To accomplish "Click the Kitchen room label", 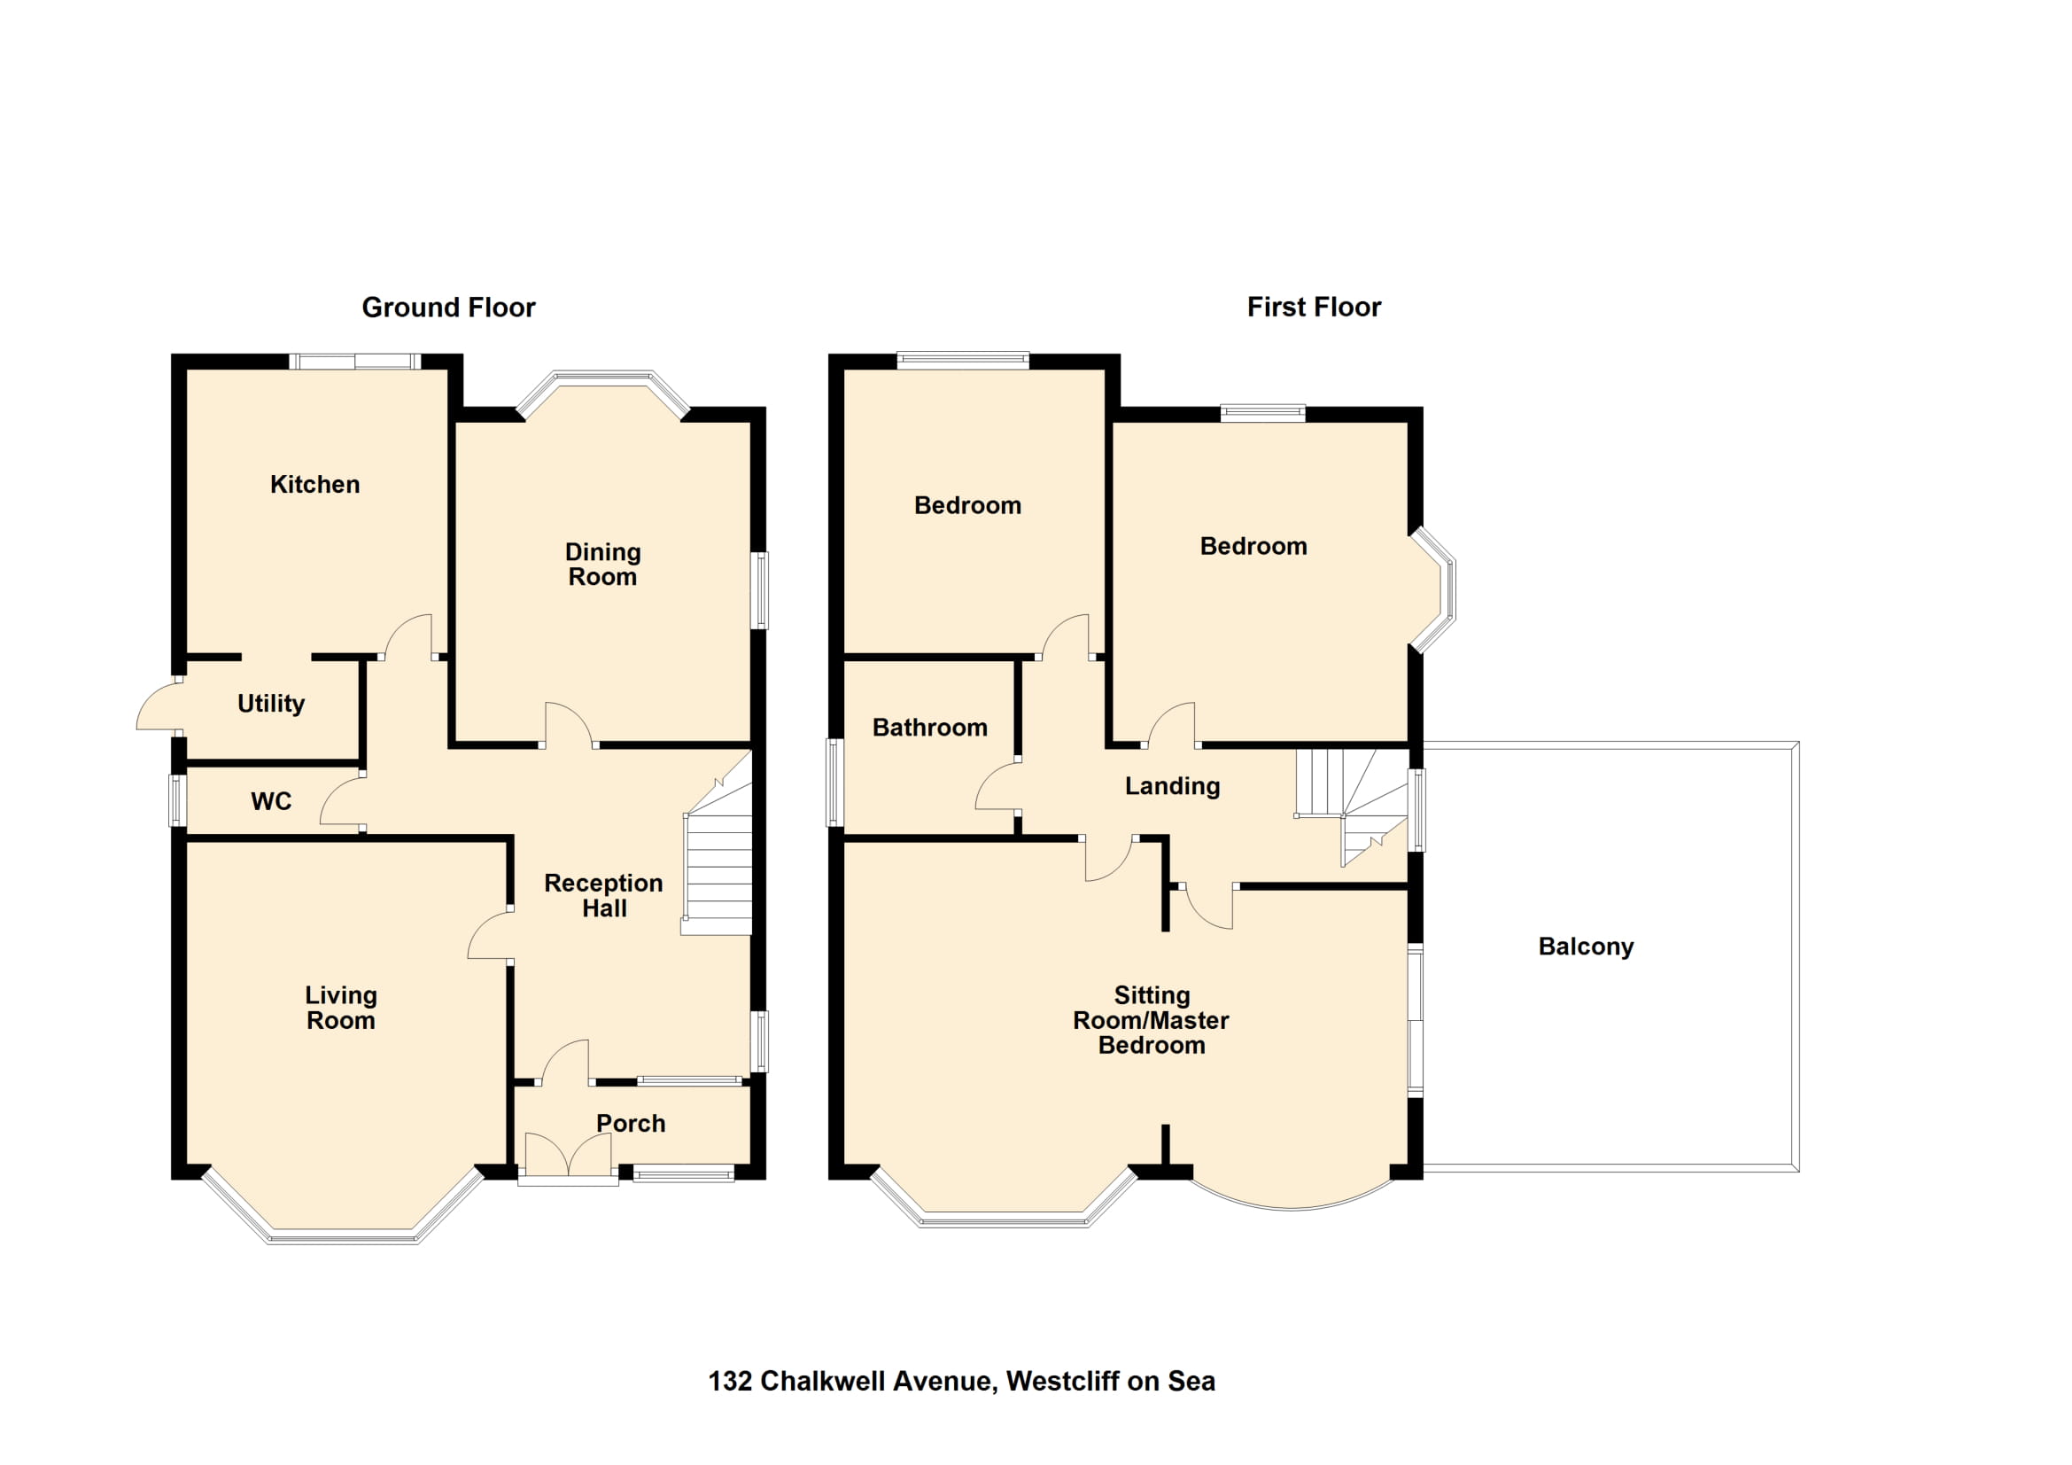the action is point(315,485).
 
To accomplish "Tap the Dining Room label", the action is point(603,565).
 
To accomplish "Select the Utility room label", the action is point(271,703).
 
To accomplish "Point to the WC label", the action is point(271,800).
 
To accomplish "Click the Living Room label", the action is point(341,1008).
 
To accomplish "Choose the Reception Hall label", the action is point(604,895).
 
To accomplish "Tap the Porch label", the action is point(631,1123).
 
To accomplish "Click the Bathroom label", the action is point(929,728).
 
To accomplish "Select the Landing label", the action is point(1172,786).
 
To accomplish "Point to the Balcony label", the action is point(1586,946).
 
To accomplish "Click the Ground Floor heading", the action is point(448,308).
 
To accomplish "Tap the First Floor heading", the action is point(1314,307).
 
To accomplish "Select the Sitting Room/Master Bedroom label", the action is point(1152,1020).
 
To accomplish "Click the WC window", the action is point(179,799).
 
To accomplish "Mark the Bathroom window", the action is point(835,783).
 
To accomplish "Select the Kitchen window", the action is point(355,362).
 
